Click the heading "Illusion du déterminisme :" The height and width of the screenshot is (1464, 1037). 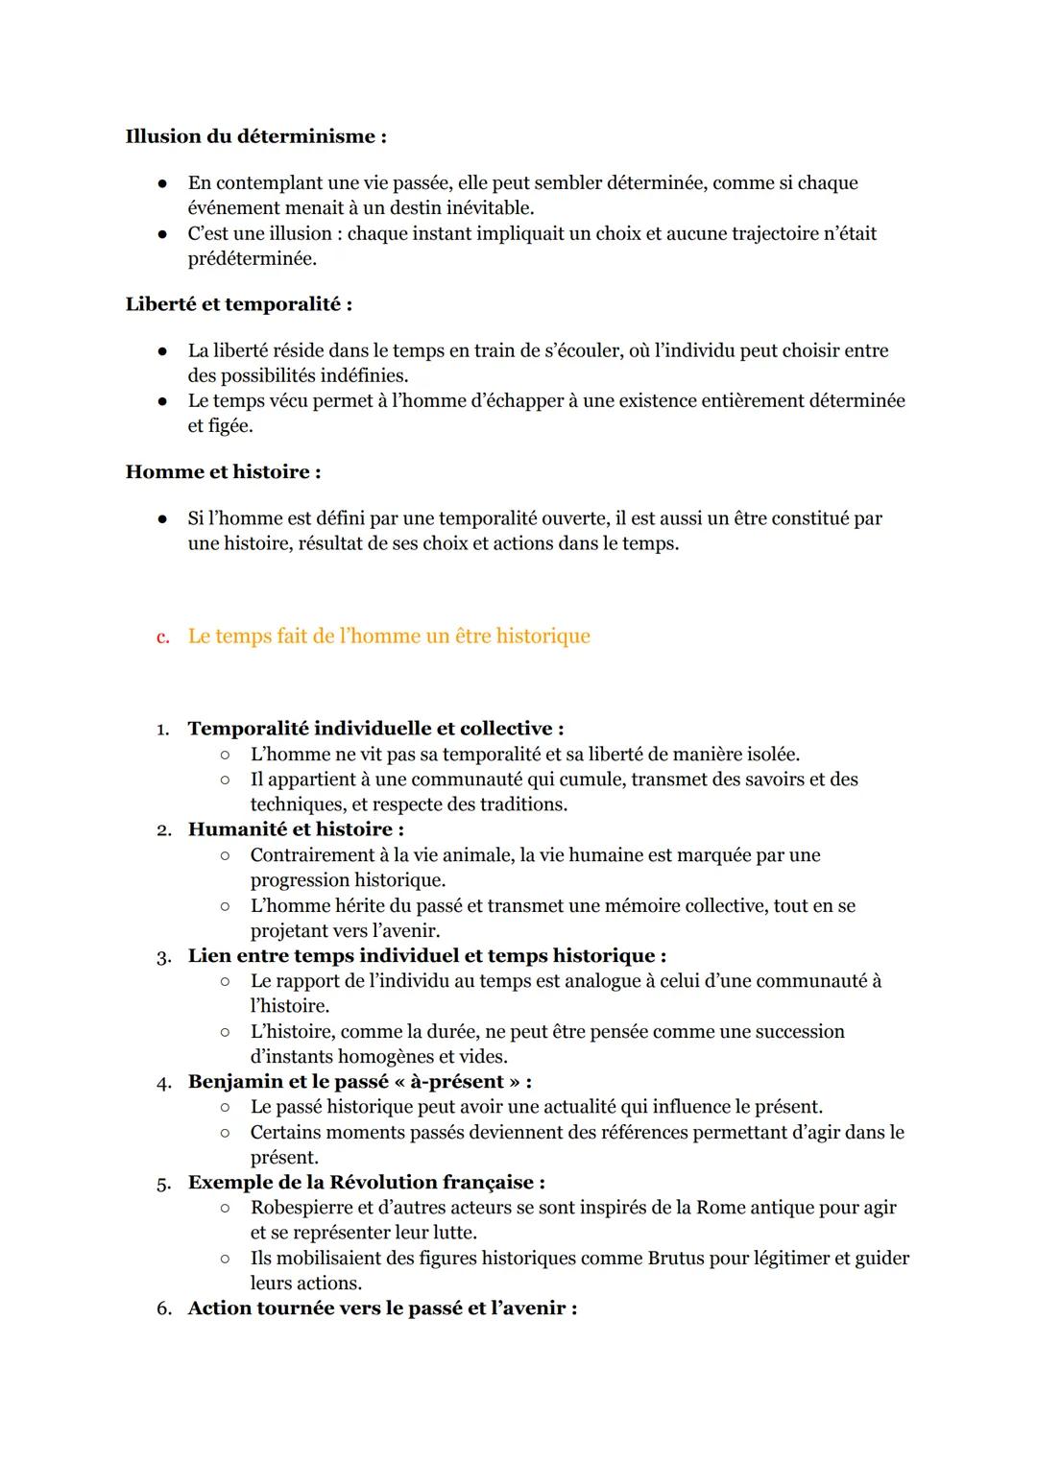(x=255, y=136)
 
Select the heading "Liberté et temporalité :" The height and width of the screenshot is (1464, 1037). (x=238, y=304)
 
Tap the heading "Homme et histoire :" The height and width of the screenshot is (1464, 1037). (x=223, y=472)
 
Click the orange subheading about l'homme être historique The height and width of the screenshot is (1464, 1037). (x=389, y=636)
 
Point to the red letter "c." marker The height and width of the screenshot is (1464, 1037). (x=163, y=637)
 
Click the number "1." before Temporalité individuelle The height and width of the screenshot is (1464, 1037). (x=163, y=730)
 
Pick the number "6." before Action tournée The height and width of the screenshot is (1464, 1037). (x=163, y=1309)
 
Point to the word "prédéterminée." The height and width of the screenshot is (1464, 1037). (x=252, y=259)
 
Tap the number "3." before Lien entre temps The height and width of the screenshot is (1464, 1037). (x=163, y=957)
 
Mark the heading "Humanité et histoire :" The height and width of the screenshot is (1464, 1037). (x=296, y=829)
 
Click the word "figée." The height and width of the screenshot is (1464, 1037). (x=220, y=426)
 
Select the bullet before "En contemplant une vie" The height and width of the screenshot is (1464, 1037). (x=164, y=183)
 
